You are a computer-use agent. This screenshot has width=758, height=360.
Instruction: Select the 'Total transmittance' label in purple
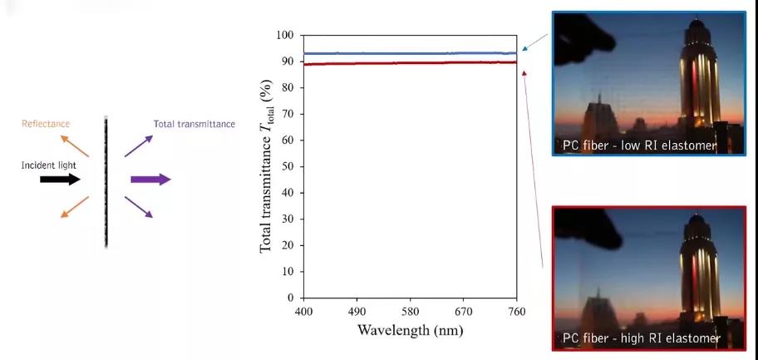[x=194, y=124]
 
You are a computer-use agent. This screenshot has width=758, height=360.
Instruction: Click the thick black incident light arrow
[x=61, y=179]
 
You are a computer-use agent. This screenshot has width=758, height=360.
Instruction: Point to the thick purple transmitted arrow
[x=150, y=179]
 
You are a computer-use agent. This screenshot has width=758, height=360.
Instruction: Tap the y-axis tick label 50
[x=288, y=166]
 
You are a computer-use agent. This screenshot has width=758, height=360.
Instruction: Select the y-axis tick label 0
[x=290, y=298]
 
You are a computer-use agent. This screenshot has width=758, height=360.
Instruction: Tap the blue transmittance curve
[x=410, y=53]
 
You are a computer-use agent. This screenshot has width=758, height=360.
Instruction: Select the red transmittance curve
[x=410, y=63]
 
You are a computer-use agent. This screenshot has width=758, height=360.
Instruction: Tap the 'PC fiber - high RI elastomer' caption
[x=641, y=338]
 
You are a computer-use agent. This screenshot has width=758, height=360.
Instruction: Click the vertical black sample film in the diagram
[x=106, y=183]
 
